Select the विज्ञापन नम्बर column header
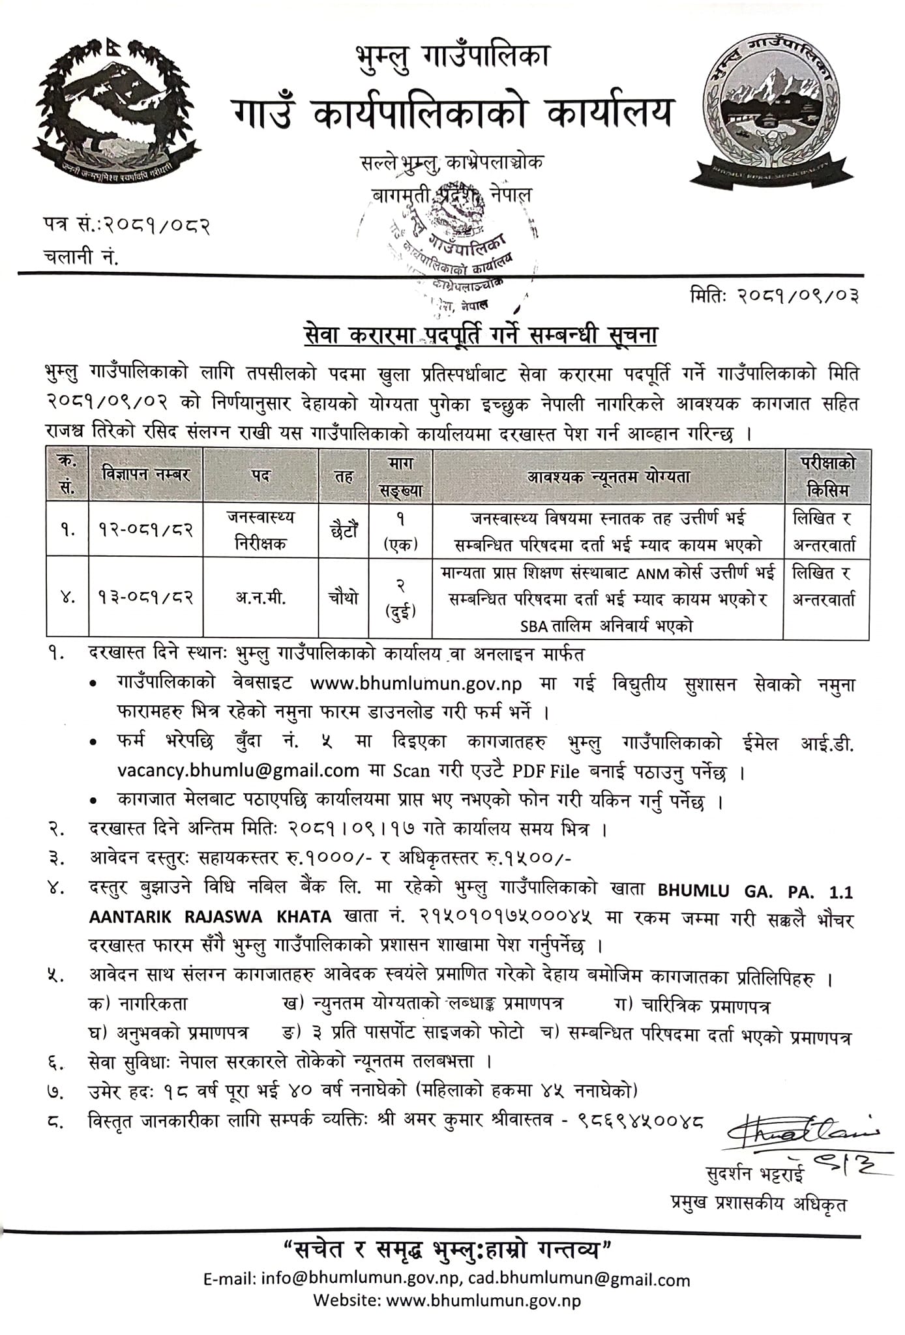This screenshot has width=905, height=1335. point(146,475)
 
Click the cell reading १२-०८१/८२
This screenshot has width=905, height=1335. point(146,531)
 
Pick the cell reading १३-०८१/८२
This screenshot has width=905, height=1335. point(146,598)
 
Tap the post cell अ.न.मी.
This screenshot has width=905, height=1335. point(261,598)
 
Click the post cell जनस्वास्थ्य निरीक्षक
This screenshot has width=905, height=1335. point(261,531)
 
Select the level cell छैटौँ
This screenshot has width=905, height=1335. point(343,531)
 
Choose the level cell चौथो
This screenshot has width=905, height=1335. point(343,598)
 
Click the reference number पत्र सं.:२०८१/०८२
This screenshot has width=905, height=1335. point(124,226)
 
